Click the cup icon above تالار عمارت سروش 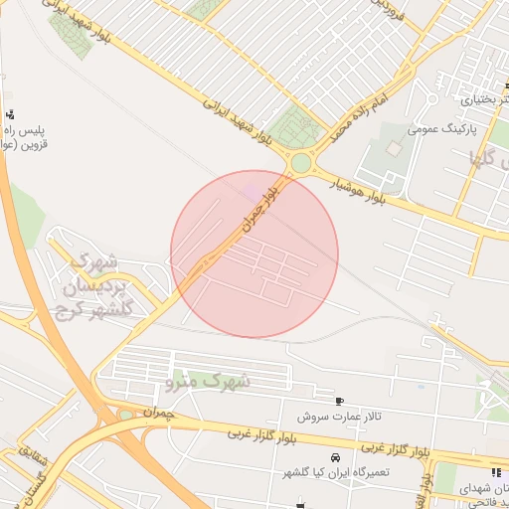coord(341,401)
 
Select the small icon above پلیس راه coord(10,113)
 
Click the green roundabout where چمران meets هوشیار coord(299,163)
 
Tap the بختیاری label coord(484,100)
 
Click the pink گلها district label coord(487,156)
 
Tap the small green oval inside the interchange coord(125,415)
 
